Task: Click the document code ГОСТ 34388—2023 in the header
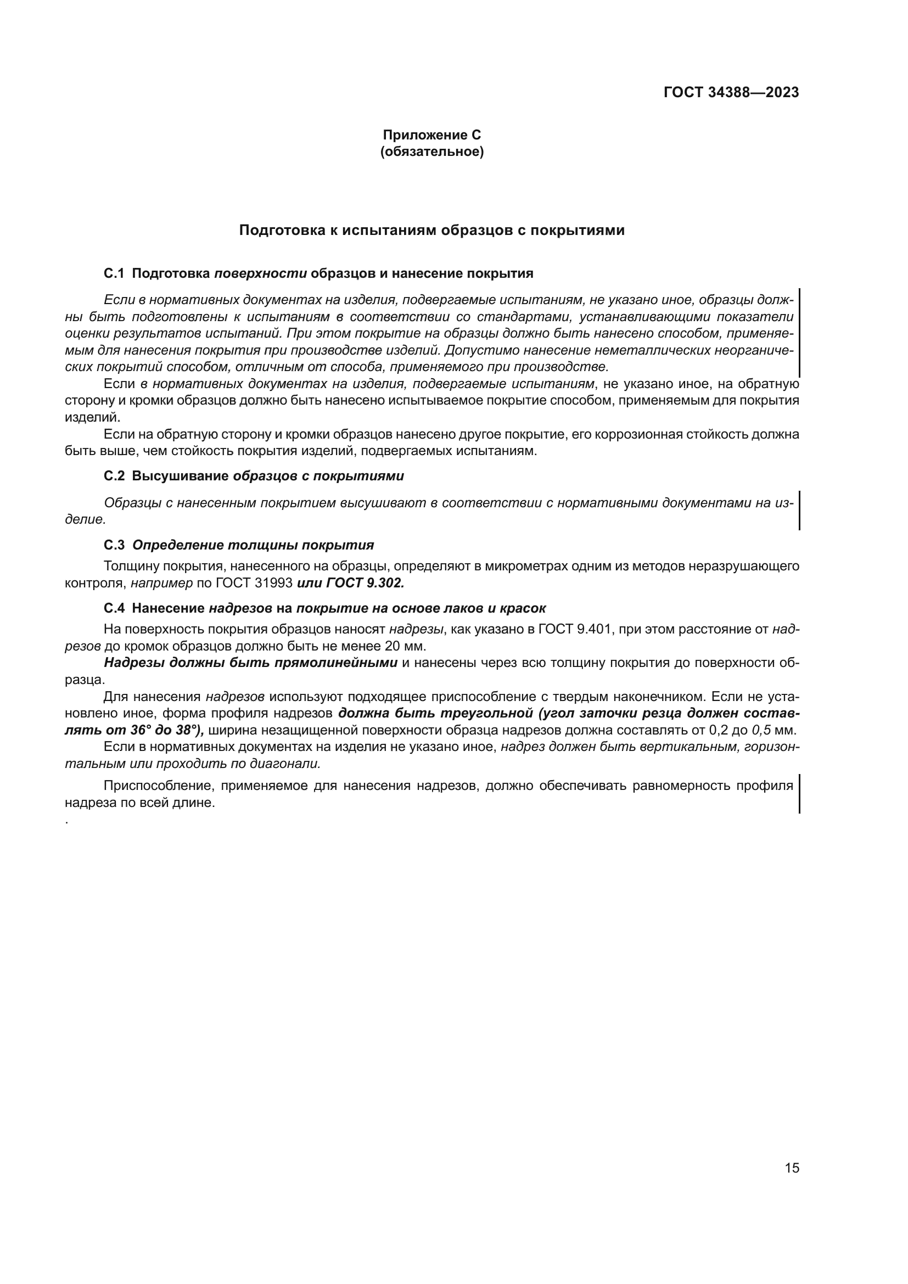(731, 93)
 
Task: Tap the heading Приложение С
(431, 135)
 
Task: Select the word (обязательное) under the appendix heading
(431, 152)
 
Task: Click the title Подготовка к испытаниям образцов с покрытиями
(431, 231)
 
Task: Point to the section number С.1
(114, 273)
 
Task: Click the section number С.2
(114, 476)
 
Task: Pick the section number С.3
(114, 545)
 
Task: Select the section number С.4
(114, 608)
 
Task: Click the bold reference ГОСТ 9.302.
(365, 583)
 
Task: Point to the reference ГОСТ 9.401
(574, 629)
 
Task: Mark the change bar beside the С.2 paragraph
(799, 510)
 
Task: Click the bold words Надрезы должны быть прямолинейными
(250, 663)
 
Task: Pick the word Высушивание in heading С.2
(180, 476)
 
